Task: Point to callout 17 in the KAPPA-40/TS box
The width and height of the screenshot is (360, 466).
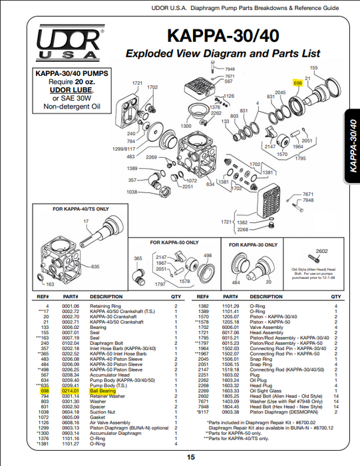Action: [x=86, y=220]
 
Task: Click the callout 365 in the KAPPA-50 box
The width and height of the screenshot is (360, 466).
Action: [x=138, y=258]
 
